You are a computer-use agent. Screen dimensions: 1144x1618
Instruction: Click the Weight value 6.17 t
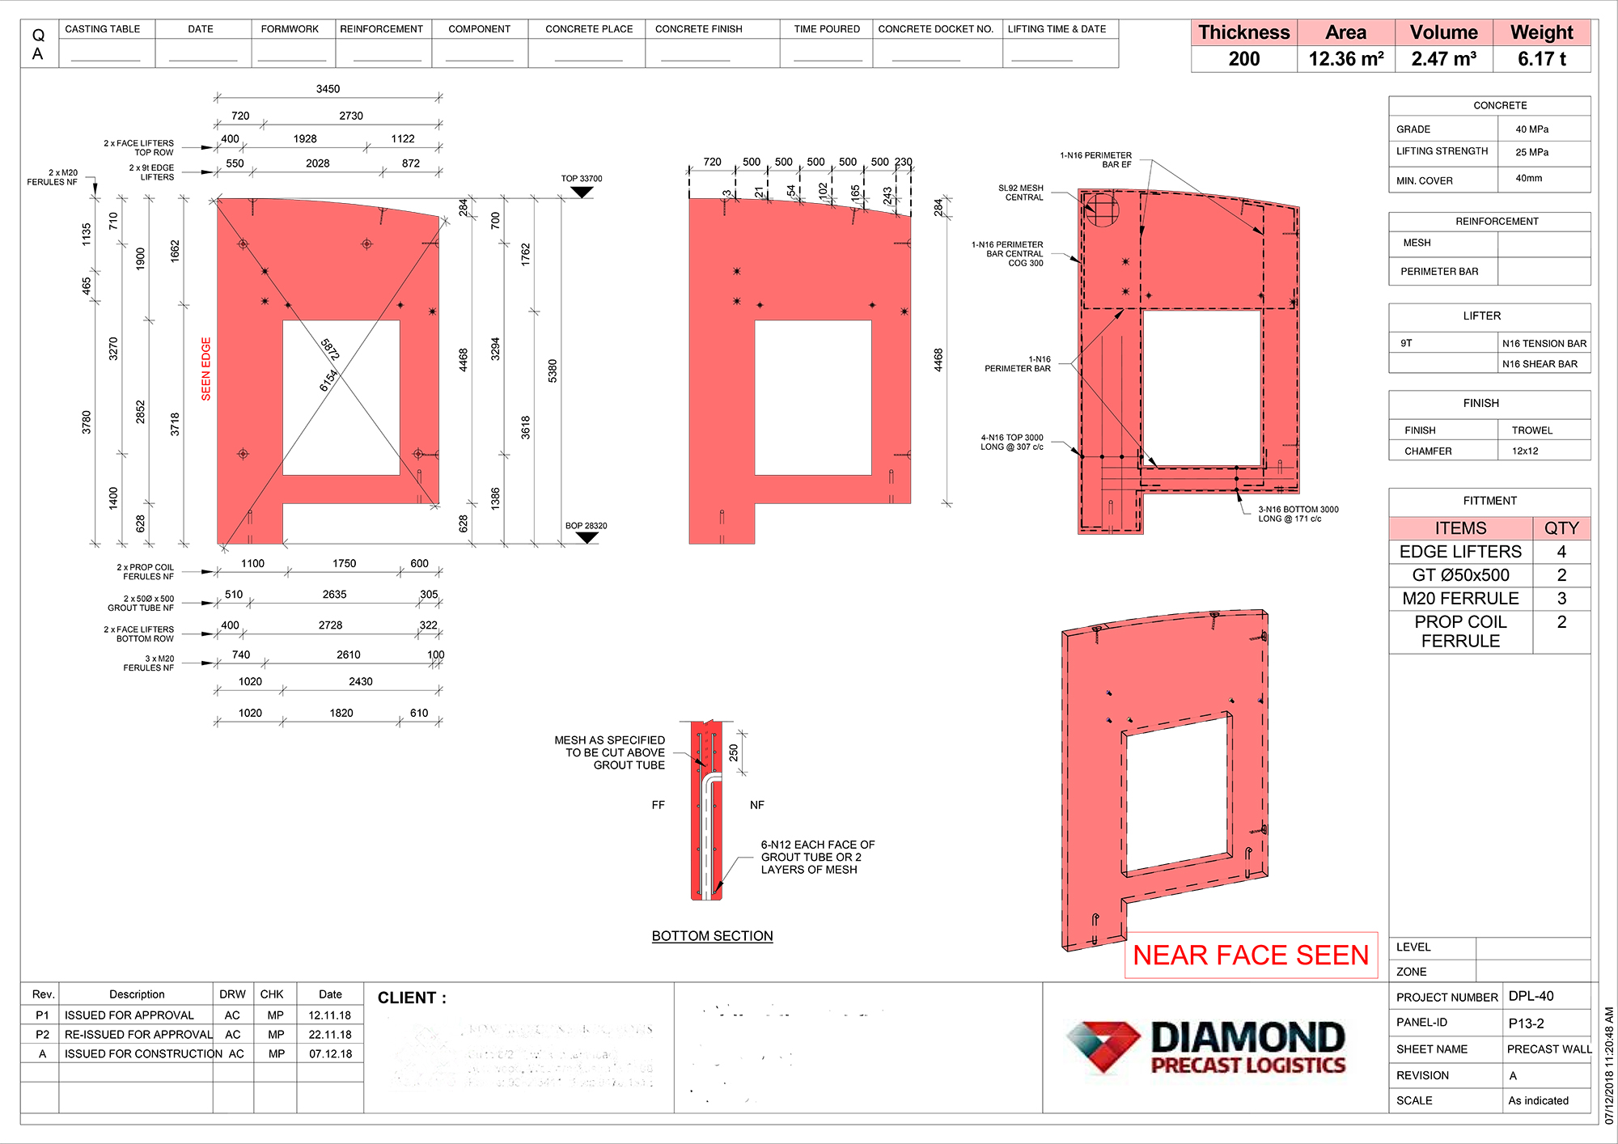1541,59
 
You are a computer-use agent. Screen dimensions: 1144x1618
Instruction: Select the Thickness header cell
1243,32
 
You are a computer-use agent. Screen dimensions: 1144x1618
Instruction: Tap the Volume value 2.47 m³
1443,59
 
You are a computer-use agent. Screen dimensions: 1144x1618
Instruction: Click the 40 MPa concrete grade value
1531,129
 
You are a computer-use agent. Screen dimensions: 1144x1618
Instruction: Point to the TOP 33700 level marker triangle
582,193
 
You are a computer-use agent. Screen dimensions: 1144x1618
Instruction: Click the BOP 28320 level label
586,526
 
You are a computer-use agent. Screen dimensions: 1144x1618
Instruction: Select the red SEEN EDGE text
205,369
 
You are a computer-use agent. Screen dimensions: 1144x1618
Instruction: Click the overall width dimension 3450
328,89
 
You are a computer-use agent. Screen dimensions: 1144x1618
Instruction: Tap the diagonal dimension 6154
328,380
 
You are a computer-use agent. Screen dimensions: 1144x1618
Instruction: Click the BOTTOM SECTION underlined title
712,936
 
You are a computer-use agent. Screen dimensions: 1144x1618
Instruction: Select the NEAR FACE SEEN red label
1251,955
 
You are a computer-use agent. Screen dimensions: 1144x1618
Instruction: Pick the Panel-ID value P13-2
1526,1023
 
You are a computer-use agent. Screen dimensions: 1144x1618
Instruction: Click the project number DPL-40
1531,996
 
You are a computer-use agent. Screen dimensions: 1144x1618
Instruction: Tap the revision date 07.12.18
330,1054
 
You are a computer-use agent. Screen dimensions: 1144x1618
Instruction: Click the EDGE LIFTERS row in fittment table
1460,552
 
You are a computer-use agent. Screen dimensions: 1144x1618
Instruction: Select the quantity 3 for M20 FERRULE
1561,599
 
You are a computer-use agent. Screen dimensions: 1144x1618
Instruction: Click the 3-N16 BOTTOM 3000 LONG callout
1298,514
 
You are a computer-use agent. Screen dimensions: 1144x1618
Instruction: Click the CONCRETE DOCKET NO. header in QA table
935,29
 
